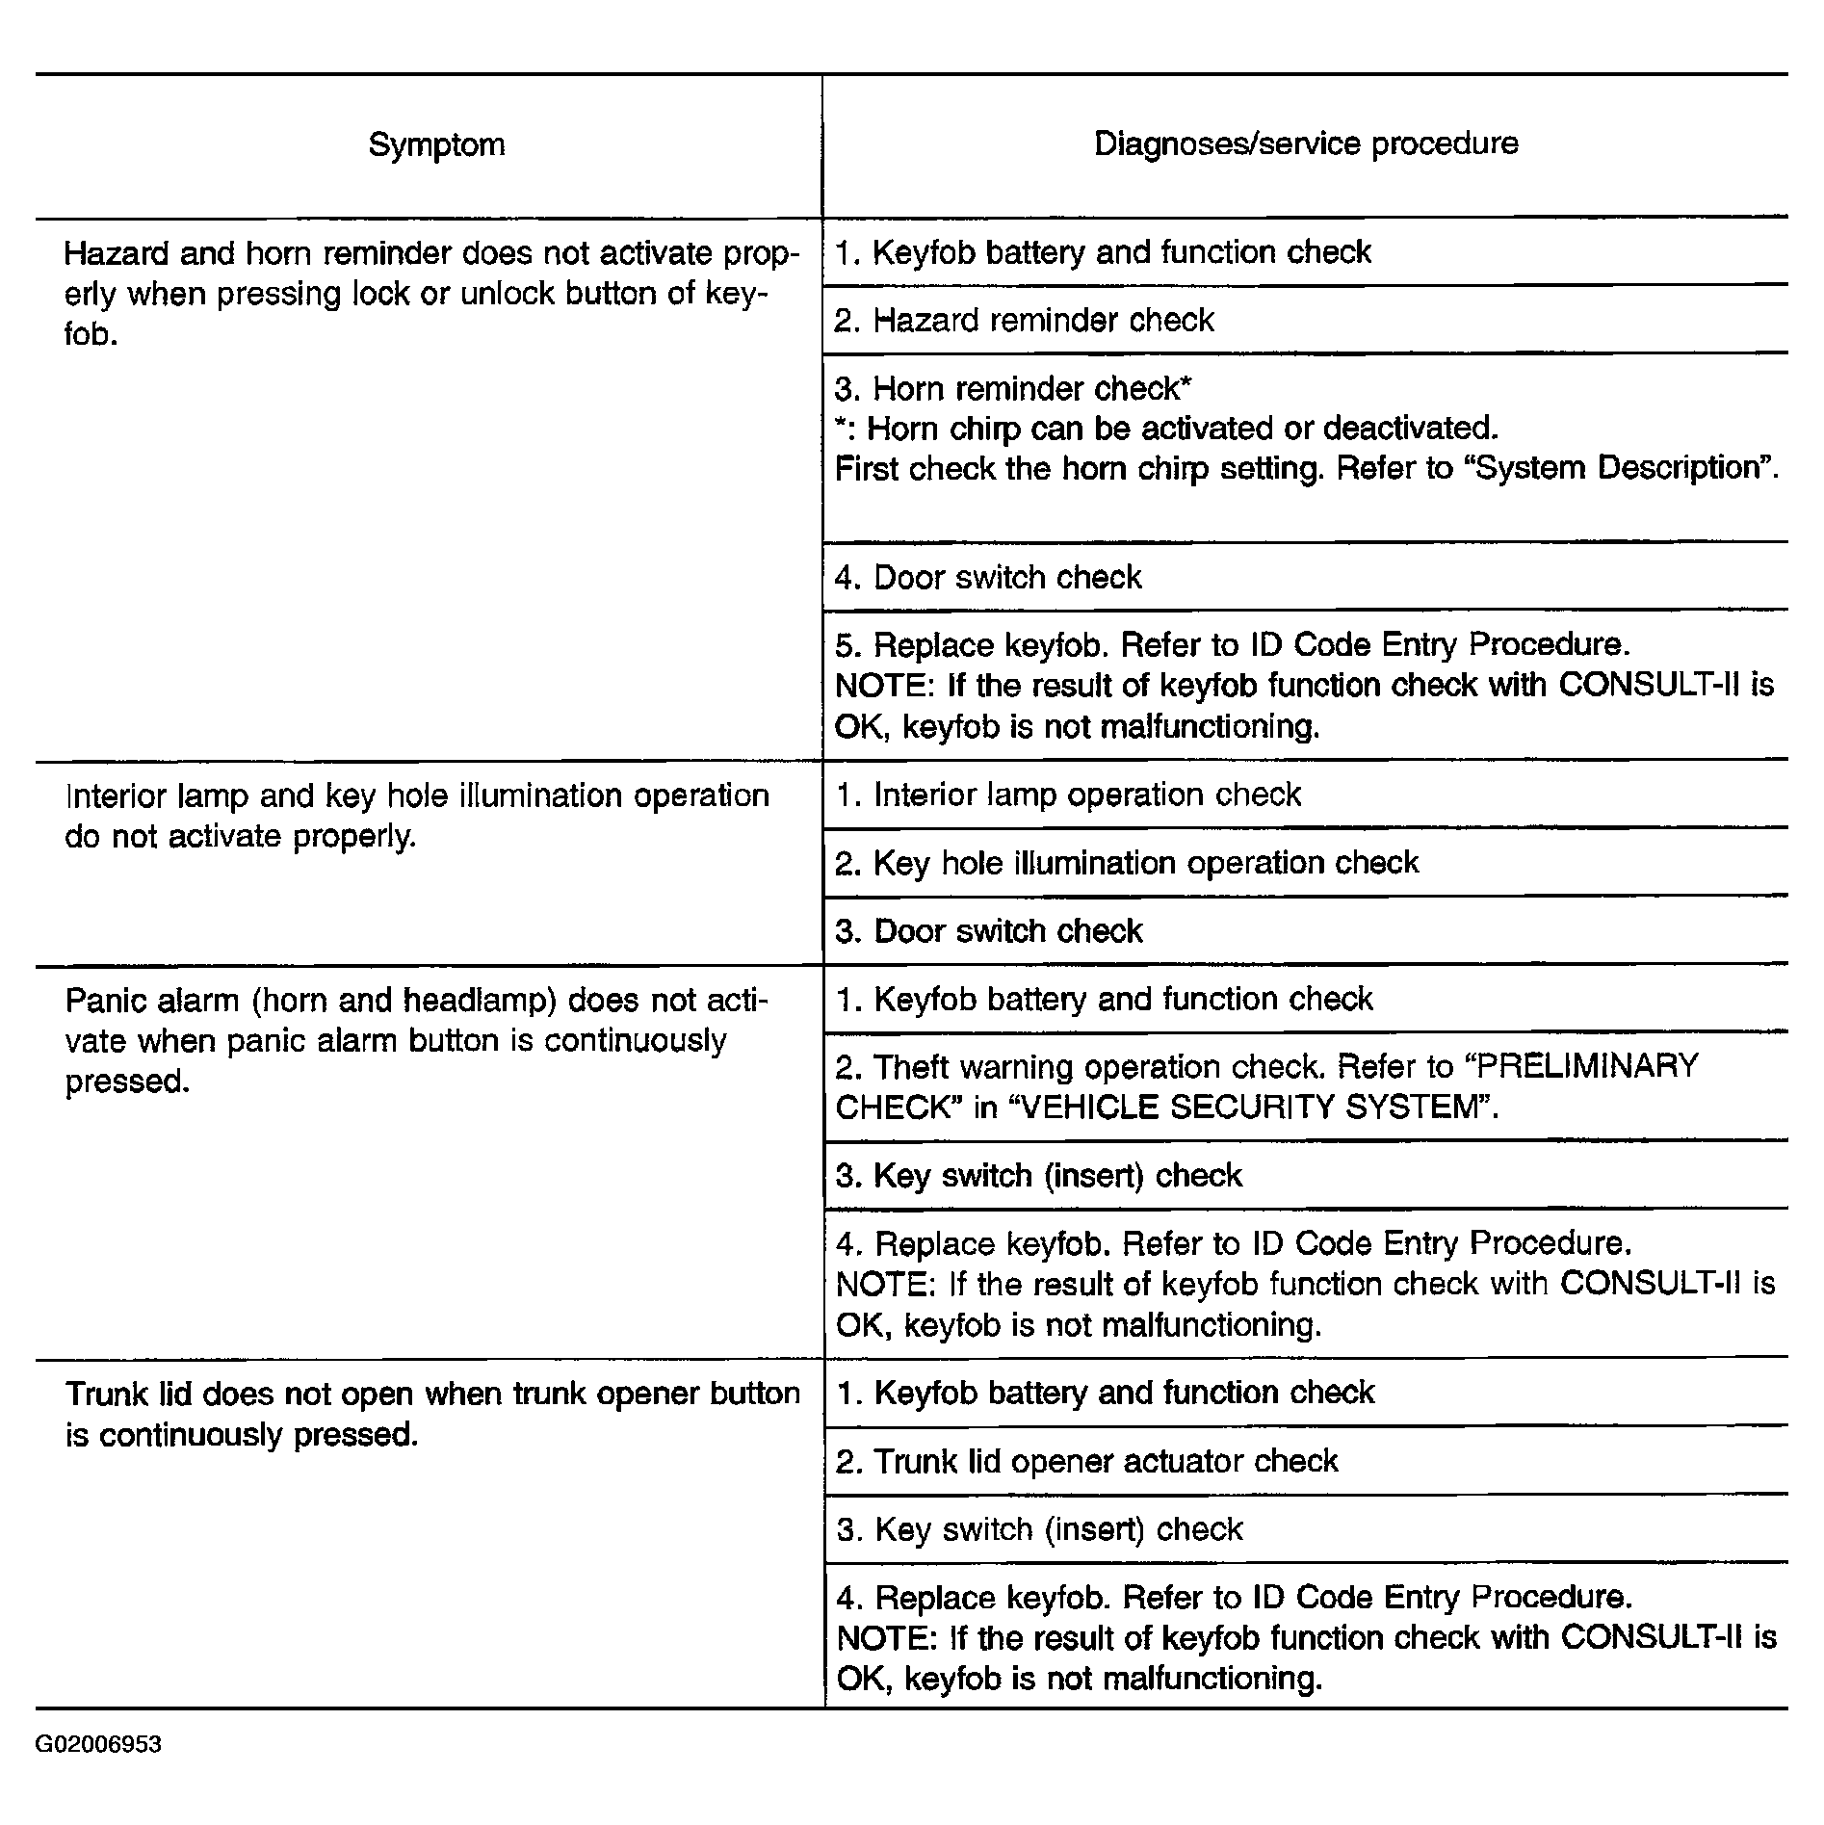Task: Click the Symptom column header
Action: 436,145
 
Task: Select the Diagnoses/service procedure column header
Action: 1306,144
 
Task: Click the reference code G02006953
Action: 98,1745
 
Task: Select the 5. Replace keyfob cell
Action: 1305,685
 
